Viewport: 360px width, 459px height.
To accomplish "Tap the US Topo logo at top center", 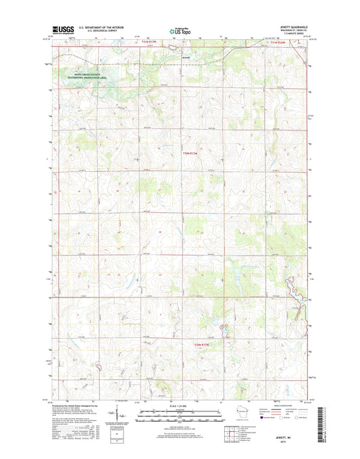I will pos(179,30).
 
